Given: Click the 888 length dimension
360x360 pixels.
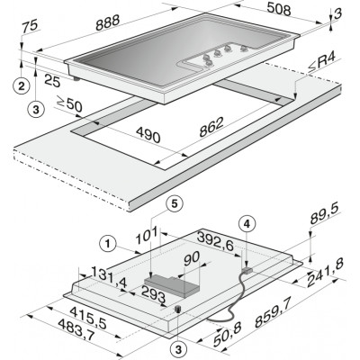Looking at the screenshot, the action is coord(108,22).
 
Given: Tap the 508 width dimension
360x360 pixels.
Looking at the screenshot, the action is coord(278,9).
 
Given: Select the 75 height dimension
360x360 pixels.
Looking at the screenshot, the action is coord(31,26).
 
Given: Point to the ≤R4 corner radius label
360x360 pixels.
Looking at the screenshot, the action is coord(322,64).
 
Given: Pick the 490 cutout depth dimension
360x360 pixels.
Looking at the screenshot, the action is coord(148,135).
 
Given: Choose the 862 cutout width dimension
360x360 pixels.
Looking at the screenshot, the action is coord(211,127).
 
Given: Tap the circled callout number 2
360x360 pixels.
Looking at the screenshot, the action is coord(22,86).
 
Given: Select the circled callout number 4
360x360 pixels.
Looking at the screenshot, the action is coord(247,223).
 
